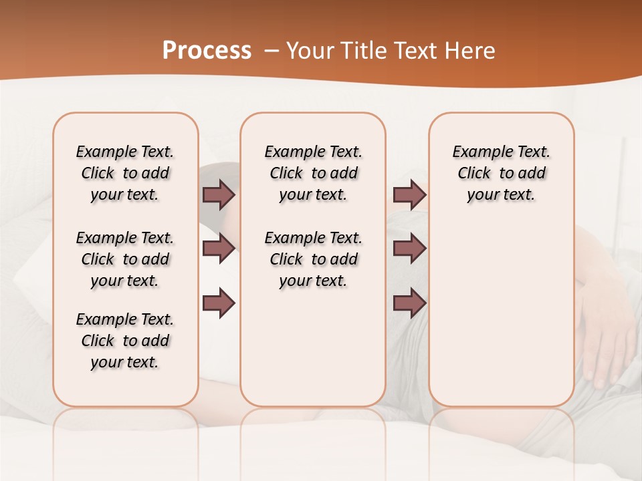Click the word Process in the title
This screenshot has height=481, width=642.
coord(207,50)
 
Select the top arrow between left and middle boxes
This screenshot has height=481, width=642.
coord(219,194)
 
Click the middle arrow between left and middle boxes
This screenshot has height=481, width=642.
coord(219,249)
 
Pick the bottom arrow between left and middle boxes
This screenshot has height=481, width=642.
coord(219,303)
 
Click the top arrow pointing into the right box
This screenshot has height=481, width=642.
coord(409,194)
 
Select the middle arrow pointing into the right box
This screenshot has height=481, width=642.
coord(409,249)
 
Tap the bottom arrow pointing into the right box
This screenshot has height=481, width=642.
coord(409,303)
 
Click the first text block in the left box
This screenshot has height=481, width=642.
coord(125,173)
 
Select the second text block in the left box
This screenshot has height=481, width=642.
coord(125,259)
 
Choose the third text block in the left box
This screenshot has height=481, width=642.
coord(125,341)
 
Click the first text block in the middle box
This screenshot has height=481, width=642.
coord(314,173)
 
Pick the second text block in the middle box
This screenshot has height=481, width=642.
coord(314,259)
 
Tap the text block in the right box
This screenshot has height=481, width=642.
coord(502,173)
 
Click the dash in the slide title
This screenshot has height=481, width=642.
coord(271,51)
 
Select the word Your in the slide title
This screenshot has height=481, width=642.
coord(307,51)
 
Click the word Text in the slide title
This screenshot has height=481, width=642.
coord(413,51)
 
